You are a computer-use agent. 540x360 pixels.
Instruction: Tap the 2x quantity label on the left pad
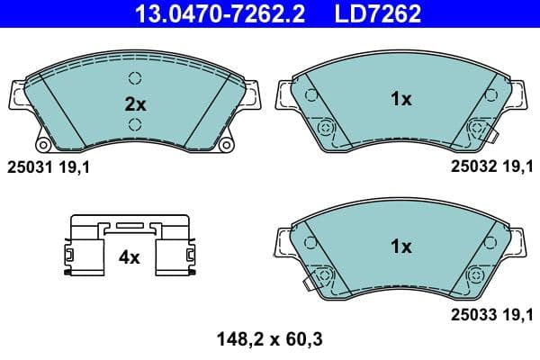click(135, 103)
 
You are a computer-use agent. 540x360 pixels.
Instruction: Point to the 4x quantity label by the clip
click(130, 257)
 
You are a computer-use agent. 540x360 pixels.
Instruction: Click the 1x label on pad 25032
click(401, 100)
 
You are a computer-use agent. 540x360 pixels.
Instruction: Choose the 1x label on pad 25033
click(401, 246)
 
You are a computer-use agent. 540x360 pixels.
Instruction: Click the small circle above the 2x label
click(135, 77)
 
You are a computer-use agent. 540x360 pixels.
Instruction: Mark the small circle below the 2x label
click(135, 124)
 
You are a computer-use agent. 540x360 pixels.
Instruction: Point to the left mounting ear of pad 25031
click(15, 94)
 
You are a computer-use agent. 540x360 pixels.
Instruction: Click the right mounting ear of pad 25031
click(255, 94)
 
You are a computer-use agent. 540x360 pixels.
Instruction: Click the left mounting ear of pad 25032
click(283, 94)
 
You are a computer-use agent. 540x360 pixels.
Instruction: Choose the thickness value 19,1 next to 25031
click(75, 167)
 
